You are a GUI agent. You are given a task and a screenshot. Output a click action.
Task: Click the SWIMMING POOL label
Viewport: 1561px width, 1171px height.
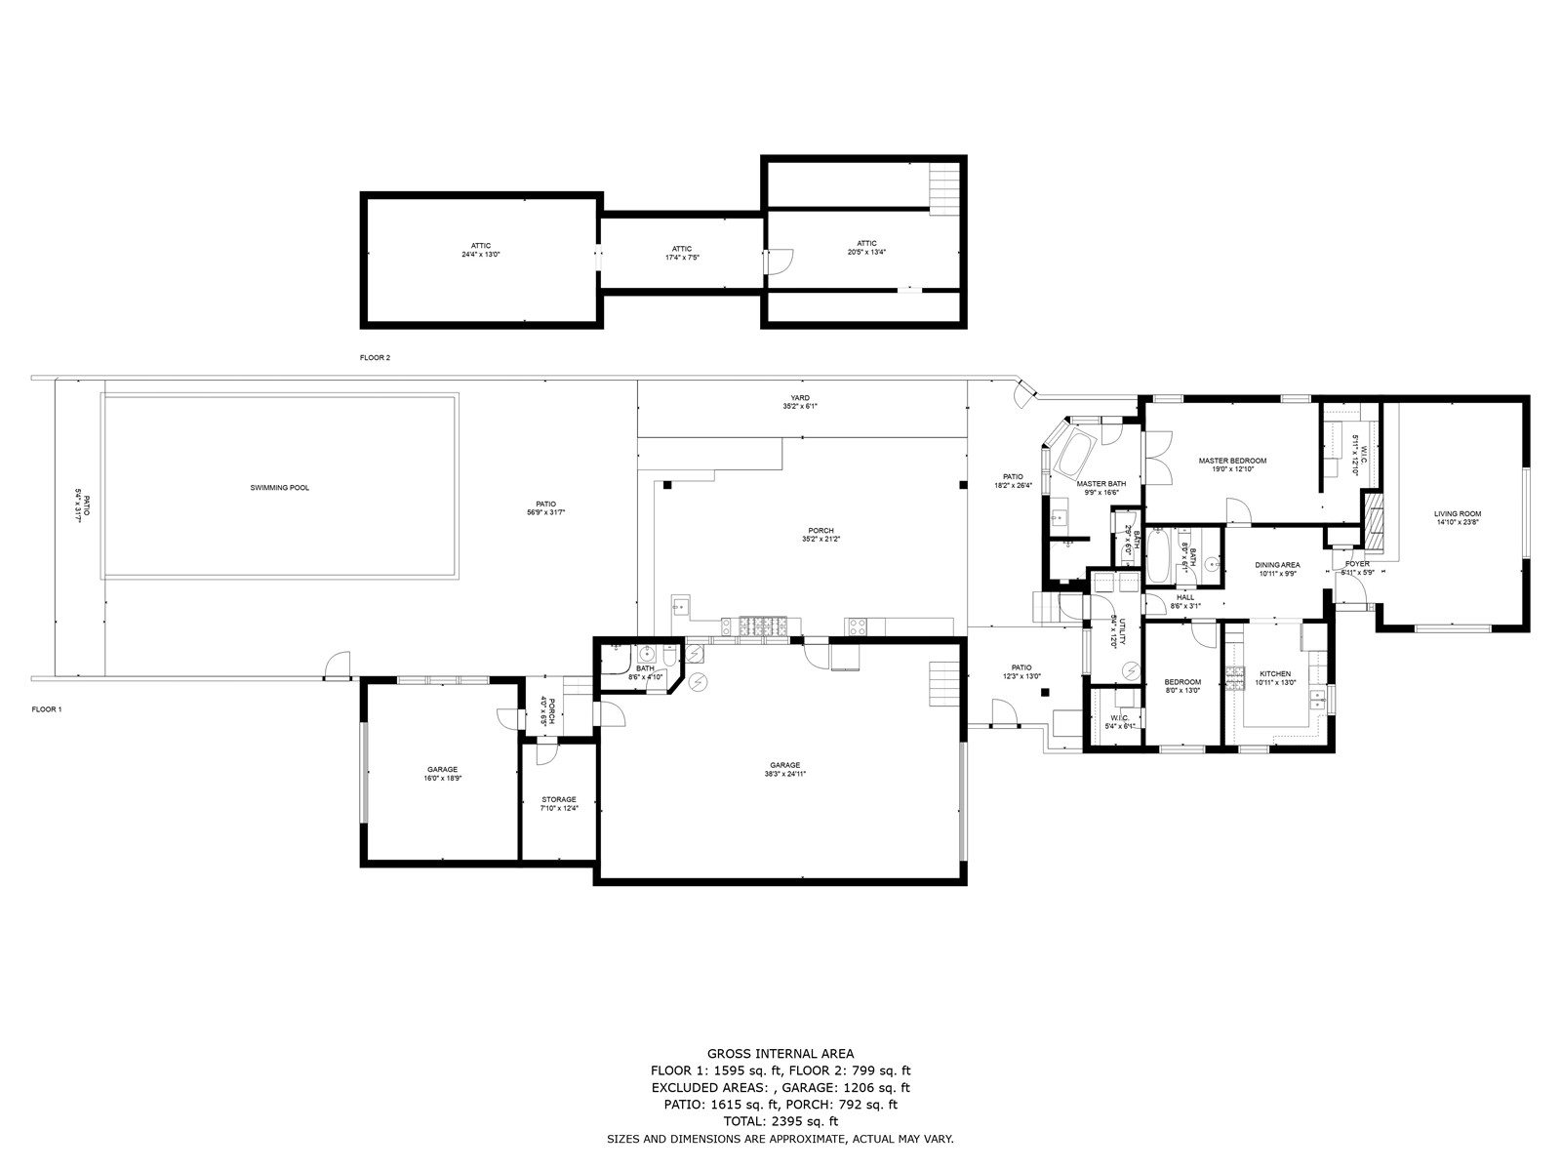pyautogui.click(x=280, y=487)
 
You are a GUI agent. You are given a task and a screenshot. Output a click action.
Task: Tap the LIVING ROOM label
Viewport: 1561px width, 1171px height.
pyautogui.click(x=1457, y=513)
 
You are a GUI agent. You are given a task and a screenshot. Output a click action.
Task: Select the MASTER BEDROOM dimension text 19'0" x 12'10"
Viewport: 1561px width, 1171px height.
pyautogui.click(x=1232, y=469)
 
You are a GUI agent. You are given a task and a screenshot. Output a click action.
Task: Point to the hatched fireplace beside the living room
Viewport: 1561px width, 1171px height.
pyautogui.click(x=1374, y=522)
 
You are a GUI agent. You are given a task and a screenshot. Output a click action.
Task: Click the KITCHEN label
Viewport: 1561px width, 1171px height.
pyautogui.click(x=1274, y=673)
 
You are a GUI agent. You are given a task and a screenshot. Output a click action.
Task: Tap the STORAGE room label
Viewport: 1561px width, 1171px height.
pyautogui.click(x=559, y=799)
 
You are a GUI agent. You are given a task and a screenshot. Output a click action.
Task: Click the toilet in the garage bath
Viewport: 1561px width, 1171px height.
pyautogui.click(x=665, y=655)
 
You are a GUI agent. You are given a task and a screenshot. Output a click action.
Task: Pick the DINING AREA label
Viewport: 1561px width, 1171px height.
pyautogui.click(x=1277, y=564)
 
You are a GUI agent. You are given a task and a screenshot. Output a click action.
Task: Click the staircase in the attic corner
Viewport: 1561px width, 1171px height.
pyautogui.click(x=943, y=188)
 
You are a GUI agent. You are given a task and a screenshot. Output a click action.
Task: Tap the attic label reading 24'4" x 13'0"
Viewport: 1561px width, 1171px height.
pyautogui.click(x=481, y=254)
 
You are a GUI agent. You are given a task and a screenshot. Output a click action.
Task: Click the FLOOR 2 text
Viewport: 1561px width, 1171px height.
pyautogui.click(x=375, y=358)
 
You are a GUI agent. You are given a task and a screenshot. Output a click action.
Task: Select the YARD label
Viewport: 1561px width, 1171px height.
pyautogui.click(x=800, y=397)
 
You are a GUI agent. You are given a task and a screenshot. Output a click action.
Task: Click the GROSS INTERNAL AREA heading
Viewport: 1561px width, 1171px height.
pyautogui.click(x=780, y=1053)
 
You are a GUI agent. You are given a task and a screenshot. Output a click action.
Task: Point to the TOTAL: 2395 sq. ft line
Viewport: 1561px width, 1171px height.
pyautogui.click(x=780, y=1121)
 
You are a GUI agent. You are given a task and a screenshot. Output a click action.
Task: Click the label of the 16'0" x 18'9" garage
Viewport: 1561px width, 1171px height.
pyautogui.click(x=442, y=769)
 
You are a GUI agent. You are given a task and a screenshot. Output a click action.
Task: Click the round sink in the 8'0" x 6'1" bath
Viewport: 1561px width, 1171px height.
pyautogui.click(x=1211, y=563)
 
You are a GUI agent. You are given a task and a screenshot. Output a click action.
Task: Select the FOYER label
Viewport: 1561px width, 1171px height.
pyautogui.click(x=1357, y=564)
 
